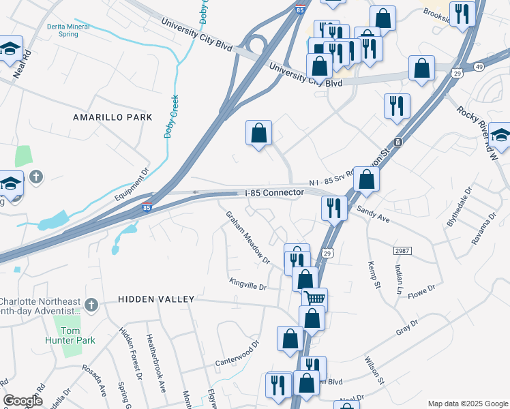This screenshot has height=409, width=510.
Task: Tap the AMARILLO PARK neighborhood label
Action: (112, 117)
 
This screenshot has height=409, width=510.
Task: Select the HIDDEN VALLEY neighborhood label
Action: (156, 299)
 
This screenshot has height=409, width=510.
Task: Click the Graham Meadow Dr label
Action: (248, 237)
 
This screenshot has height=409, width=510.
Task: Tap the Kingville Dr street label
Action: (247, 282)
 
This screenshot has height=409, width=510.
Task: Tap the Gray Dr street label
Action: (406, 327)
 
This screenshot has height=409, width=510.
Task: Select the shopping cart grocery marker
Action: (314, 298)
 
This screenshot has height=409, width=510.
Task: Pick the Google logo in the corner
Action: (22, 401)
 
